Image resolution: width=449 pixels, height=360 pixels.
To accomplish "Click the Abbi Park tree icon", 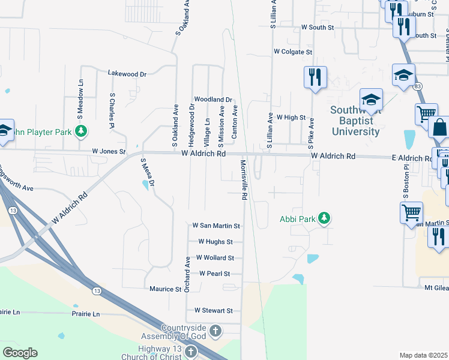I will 324,218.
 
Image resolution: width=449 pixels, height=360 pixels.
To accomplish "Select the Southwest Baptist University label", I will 355,121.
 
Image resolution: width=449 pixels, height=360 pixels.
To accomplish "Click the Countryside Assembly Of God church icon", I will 216,331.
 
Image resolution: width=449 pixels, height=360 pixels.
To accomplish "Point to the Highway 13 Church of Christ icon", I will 191,352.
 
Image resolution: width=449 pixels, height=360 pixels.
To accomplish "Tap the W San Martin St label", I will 215,226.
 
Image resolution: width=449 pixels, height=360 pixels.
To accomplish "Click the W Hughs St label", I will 215,242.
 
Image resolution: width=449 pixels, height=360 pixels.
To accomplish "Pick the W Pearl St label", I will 215,273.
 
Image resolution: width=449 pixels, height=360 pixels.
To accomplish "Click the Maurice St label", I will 165,289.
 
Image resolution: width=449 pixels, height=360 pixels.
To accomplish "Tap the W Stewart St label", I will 212,311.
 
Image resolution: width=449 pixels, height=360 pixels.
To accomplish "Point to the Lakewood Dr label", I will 127,74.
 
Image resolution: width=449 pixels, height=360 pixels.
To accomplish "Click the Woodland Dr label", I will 212,99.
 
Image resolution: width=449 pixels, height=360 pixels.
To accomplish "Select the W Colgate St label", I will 293,52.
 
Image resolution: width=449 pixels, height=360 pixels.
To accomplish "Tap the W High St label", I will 291,118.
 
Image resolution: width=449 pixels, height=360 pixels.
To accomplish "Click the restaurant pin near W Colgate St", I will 315,77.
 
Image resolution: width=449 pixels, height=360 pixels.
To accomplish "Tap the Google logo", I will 20,353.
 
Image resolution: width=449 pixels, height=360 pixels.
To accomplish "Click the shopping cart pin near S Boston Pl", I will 411,212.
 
